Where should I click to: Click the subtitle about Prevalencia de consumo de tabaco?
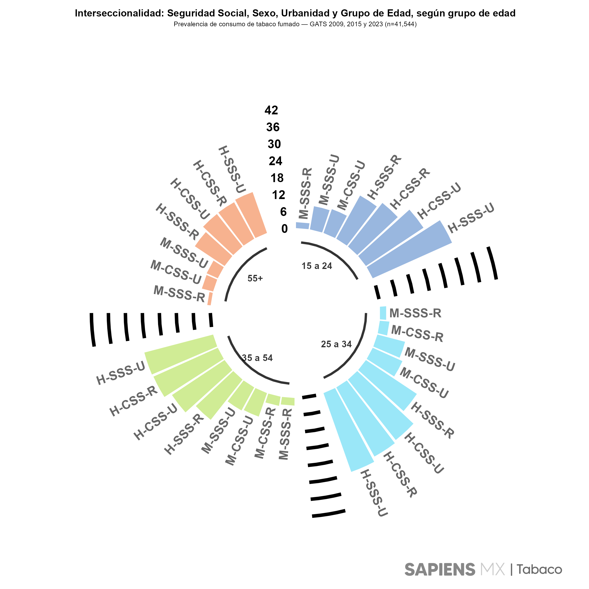click(x=295, y=24)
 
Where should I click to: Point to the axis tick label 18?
click(x=277, y=178)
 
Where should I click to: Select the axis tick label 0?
click(x=284, y=229)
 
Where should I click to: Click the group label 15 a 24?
click(x=317, y=266)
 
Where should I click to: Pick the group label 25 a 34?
click(x=336, y=344)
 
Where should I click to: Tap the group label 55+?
click(x=255, y=278)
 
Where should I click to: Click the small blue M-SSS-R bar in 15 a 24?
click(x=302, y=226)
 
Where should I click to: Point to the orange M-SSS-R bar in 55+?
click(x=210, y=298)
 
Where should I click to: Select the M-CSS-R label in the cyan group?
click(x=417, y=333)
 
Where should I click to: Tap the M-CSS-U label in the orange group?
click(x=176, y=272)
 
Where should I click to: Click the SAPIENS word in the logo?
click(x=440, y=569)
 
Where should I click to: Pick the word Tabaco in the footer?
click(x=539, y=569)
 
